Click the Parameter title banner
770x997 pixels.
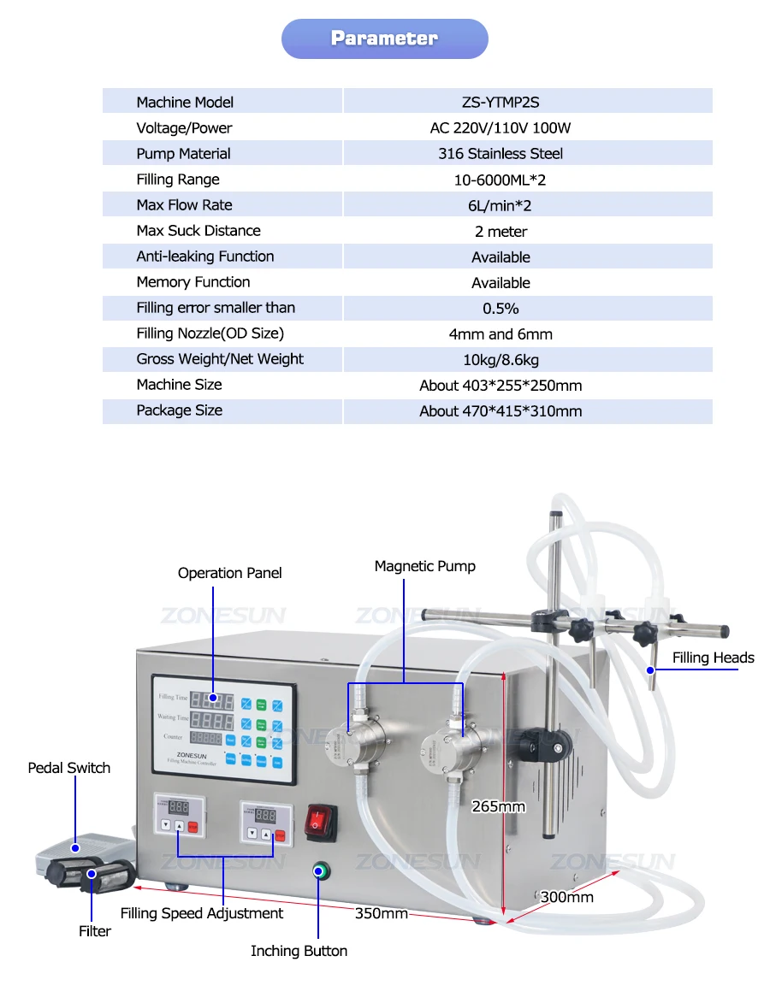[384, 38]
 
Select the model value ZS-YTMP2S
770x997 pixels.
[500, 103]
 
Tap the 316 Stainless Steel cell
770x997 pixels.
[500, 154]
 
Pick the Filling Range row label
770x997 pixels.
[178, 180]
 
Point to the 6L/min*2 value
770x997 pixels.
[500, 205]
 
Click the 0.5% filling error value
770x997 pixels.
[500, 308]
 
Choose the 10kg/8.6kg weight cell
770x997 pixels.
[500, 359]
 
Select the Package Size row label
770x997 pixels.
[179, 410]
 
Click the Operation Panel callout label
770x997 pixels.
[229, 573]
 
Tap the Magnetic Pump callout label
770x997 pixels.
[424, 566]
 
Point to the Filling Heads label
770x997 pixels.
[713, 658]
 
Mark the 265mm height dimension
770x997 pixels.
[498, 805]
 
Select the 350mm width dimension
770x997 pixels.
[382, 913]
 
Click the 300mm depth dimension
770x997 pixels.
[566, 897]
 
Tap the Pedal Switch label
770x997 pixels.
[69, 768]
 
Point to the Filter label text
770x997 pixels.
[95, 931]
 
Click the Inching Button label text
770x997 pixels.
[299, 951]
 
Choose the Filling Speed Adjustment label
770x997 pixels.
[202, 913]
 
